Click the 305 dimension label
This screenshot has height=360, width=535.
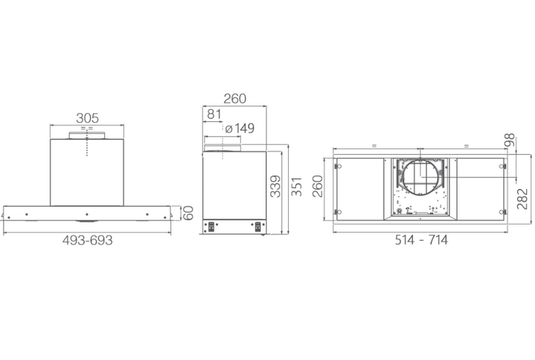click(x=87, y=118)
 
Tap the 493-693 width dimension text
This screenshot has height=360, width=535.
click(x=87, y=240)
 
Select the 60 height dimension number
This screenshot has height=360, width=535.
click(x=188, y=213)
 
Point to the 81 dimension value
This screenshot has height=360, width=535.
click(x=214, y=114)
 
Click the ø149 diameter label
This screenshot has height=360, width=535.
click(x=240, y=128)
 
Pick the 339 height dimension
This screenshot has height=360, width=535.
click(x=275, y=186)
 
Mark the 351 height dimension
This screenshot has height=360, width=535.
click(x=297, y=186)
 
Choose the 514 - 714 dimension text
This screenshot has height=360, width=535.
click(x=422, y=240)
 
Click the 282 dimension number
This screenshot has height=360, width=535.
click(x=522, y=198)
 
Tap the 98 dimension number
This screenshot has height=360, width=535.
click(x=509, y=140)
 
